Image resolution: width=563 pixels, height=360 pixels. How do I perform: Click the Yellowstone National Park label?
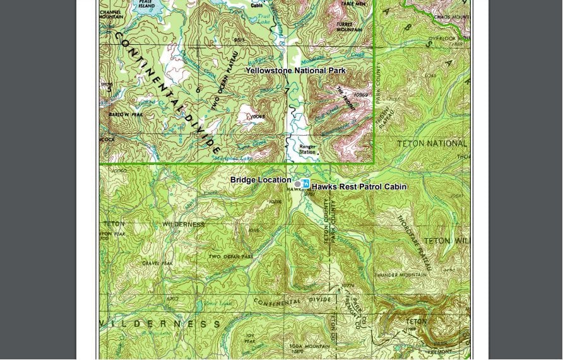click(x=295, y=71)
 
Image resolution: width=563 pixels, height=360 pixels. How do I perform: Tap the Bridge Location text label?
click(x=261, y=180)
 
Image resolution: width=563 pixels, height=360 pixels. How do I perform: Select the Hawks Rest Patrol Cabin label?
click(x=359, y=187)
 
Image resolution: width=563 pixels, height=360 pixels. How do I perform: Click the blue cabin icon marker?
click(x=305, y=184)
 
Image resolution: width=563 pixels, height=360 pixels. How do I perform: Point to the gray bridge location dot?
click(x=298, y=184)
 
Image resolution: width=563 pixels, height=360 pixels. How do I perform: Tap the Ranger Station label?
click(x=307, y=150)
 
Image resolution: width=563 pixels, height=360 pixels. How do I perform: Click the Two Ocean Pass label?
click(x=230, y=257)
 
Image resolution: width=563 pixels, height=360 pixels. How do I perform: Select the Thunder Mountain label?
click(x=400, y=275)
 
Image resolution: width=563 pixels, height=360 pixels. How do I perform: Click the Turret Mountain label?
click(x=349, y=27)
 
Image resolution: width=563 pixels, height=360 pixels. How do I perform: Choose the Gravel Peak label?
click(x=157, y=263)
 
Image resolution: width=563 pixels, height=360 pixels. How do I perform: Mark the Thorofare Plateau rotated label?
click(x=413, y=243)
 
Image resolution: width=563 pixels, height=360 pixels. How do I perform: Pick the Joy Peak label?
click(x=250, y=338)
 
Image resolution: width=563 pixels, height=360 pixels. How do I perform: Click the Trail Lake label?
click(x=263, y=19)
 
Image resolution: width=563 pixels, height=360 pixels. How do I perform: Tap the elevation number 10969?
click(x=360, y=95)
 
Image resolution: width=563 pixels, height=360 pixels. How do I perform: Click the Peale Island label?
click(x=146, y=4)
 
